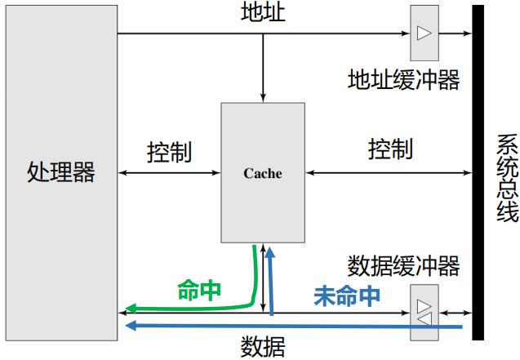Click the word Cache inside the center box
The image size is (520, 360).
click(x=263, y=173)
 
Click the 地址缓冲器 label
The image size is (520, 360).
click(x=403, y=79)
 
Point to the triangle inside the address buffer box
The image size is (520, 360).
click(x=424, y=33)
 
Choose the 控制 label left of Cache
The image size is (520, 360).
click(x=169, y=152)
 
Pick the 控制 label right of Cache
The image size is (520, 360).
click(x=389, y=149)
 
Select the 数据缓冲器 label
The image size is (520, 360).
click(x=403, y=266)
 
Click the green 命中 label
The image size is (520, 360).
click(x=199, y=290)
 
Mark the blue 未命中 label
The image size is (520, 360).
click(x=347, y=296)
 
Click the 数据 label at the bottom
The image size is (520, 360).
click(x=263, y=347)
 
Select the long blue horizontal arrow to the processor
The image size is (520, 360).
click(x=286, y=327)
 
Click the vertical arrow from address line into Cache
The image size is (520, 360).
click(x=263, y=69)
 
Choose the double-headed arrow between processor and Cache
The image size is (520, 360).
click(x=169, y=172)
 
